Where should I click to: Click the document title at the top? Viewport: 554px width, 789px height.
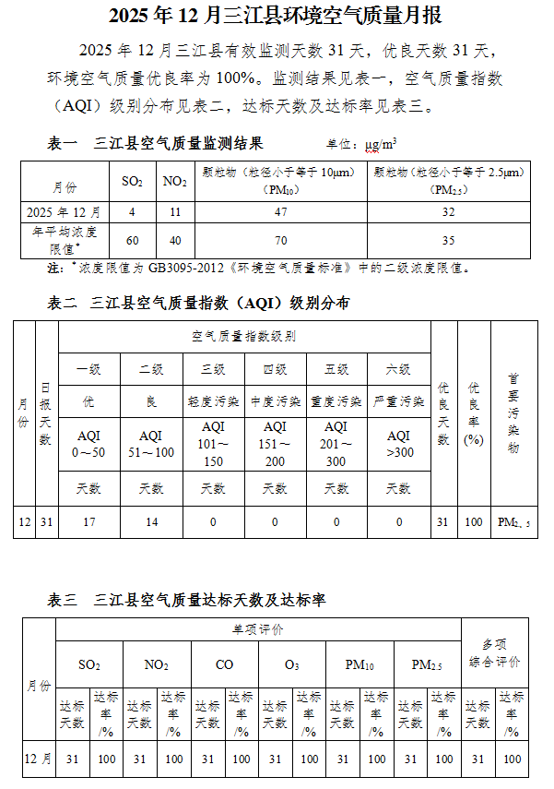pos(277,16)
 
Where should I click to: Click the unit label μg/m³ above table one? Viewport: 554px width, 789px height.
pos(382,145)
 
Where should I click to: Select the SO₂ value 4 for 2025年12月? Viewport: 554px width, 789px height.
pos(133,212)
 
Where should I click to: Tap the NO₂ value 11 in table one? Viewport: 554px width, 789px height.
pos(174,212)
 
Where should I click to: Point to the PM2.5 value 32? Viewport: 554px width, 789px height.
pos(449,212)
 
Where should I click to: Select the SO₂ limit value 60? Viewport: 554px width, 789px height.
pos(133,241)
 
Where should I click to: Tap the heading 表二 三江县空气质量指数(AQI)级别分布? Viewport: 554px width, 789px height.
pos(198,303)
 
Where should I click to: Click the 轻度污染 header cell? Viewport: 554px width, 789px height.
pos(213,401)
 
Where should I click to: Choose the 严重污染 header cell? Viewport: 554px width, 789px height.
pos(398,401)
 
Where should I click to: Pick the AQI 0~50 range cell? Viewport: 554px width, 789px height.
pos(89,444)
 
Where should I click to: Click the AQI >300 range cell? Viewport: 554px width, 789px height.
pos(398,444)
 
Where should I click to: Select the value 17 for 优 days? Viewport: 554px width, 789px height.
pos(89,522)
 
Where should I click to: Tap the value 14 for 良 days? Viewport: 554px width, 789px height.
pos(151,522)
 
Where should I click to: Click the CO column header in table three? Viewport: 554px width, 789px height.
pos(225,664)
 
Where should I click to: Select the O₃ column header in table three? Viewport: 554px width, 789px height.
pos(292,664)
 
